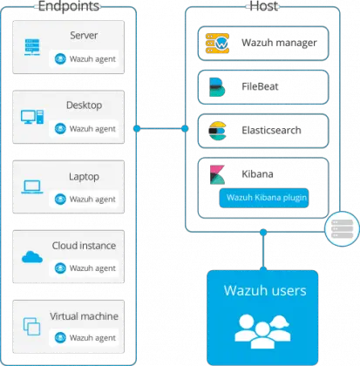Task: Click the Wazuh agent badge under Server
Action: (85, 59)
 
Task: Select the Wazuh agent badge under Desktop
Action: (85, 128)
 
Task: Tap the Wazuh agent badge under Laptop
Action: (85, 199)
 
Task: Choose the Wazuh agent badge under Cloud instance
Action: (85, 268)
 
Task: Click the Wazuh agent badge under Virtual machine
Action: (85, 337)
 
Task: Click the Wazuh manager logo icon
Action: (215, 41)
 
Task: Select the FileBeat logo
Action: (214, 87)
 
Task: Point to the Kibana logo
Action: (215, 177)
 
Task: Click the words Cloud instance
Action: (83, 246)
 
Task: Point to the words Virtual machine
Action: (83, 315)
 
